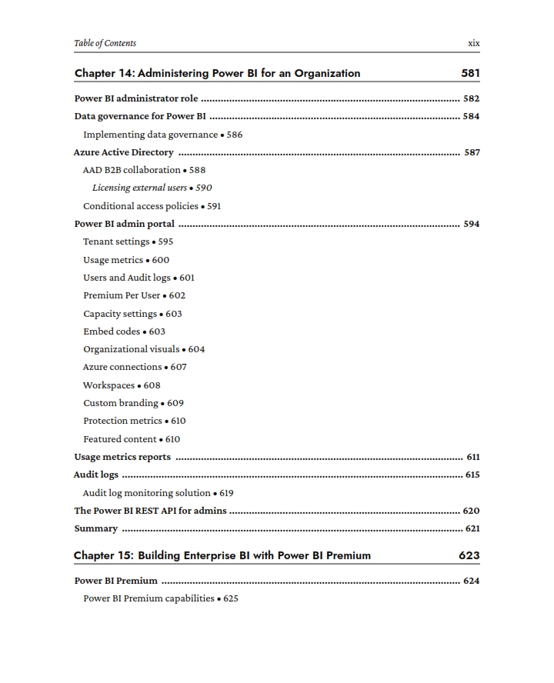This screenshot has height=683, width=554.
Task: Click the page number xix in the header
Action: [473, 43]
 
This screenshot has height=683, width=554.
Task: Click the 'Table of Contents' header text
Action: [105, 43]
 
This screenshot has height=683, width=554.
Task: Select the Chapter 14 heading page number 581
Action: [469, 74]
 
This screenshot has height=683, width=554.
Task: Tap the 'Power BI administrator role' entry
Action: [136, 98]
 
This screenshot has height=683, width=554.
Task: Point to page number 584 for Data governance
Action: [471, 117]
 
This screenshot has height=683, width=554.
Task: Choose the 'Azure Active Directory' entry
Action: [124, 152]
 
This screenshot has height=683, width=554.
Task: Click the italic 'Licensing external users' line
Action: [141, 188]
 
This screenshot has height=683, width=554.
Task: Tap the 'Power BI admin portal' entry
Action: [124, 224]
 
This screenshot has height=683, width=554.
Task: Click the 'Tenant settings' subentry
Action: [116, 242]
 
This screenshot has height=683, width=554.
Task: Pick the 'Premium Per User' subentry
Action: [122, 295]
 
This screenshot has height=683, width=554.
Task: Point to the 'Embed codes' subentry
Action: [112, 332]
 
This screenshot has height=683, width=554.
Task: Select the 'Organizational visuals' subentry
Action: [131, 349]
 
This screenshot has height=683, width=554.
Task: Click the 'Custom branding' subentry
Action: [121, 403]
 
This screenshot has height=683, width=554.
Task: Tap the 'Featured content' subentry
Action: [120, 439]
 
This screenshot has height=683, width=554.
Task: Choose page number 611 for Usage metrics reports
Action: [472, 457]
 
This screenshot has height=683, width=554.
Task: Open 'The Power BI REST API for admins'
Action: [150, 511]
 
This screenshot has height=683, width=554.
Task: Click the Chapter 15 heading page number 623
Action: [469, 555]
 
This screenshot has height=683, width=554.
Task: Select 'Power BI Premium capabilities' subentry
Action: [149, 598]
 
